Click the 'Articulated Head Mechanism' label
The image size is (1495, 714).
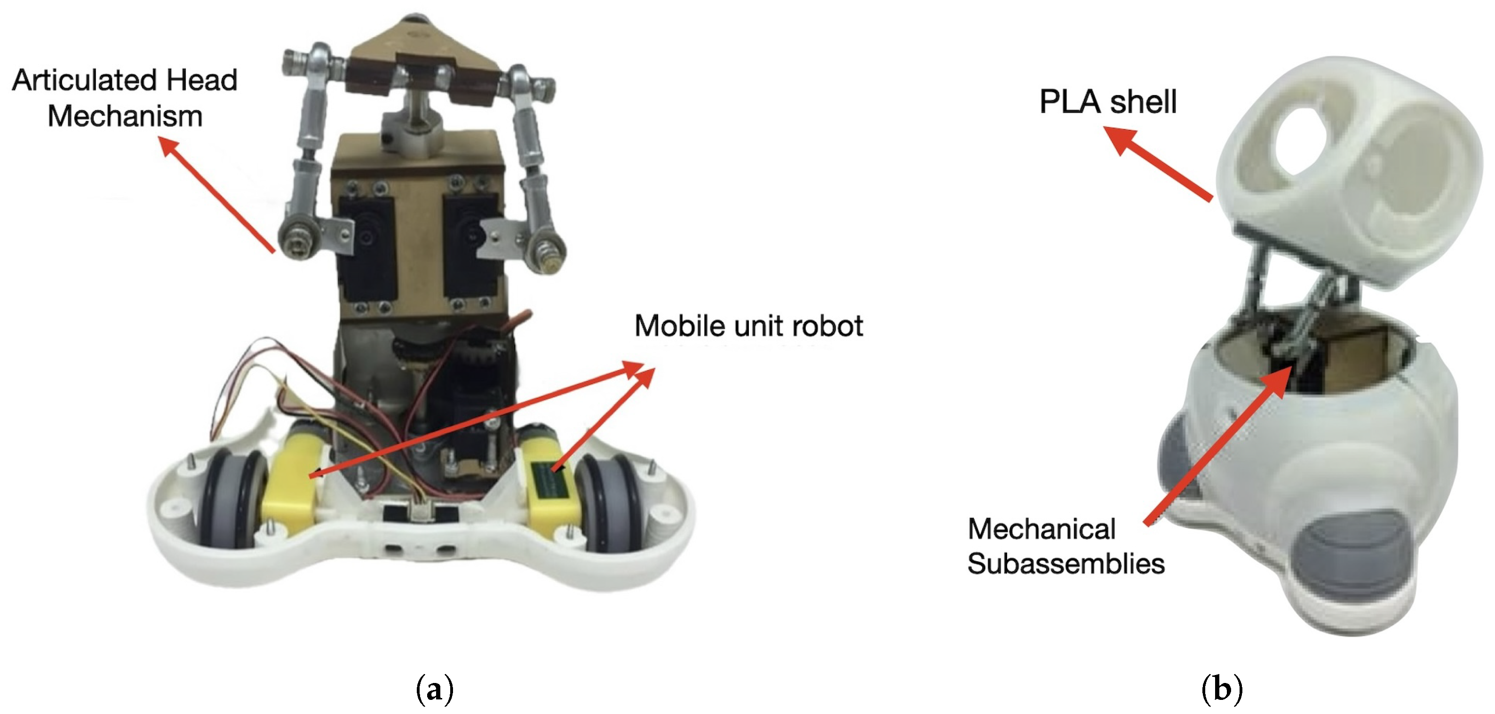(125, 97)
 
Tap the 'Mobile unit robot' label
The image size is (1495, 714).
(748, 325)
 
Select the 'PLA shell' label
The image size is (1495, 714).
(1107, 102)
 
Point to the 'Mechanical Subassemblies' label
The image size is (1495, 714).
(1065, 546)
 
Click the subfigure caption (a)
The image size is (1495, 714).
(435, 690)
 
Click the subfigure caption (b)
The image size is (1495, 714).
(1222, 690)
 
